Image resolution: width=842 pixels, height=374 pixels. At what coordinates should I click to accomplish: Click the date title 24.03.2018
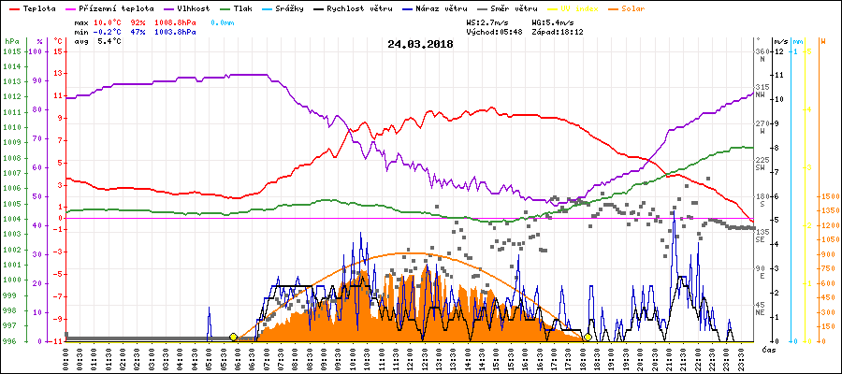point(419,43)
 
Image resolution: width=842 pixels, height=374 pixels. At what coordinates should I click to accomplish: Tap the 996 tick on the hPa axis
point(13,341)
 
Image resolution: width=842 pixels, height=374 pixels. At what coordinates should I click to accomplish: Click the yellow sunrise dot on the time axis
point(233,337)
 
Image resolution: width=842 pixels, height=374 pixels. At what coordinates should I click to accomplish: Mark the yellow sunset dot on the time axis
point(588,337)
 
